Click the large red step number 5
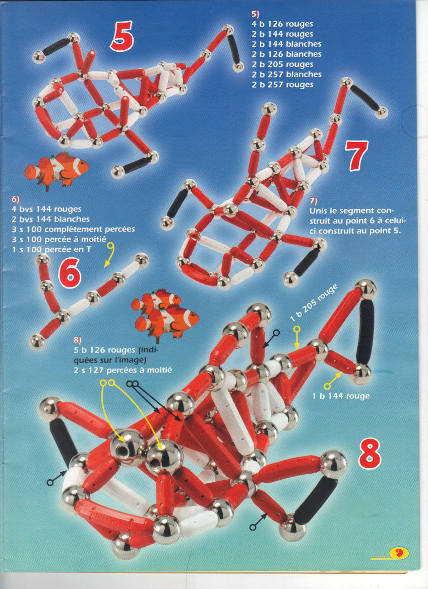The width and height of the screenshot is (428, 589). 121,36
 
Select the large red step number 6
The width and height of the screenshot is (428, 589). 70,273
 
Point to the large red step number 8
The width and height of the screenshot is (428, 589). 370,454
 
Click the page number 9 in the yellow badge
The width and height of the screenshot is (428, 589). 399,553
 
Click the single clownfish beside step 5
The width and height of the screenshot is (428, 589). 56,170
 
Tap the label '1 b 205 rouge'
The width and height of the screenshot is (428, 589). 314,303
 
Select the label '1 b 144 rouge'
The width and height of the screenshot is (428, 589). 341,396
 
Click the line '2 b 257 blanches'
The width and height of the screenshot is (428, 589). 286,75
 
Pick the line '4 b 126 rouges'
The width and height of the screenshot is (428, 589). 282,24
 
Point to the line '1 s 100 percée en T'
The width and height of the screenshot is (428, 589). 51,249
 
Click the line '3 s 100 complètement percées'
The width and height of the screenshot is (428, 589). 73,229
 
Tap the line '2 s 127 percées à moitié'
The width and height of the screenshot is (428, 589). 123,370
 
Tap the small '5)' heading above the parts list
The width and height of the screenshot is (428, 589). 256,14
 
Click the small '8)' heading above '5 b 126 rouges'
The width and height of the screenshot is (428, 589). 78,340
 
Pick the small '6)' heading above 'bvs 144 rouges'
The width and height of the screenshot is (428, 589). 16,199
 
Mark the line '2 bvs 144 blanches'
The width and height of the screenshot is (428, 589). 51,219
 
